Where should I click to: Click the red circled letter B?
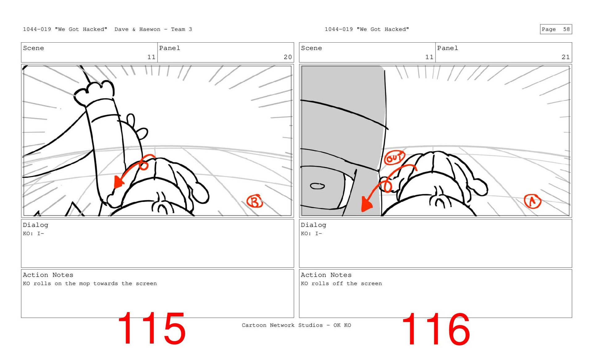point(254,201)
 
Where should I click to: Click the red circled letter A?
point(532,201)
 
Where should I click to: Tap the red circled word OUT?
point(394,158)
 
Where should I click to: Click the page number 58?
point(566,29)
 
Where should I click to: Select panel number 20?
point(288,57)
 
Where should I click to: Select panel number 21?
point(566,57)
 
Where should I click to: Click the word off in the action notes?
point(338,283)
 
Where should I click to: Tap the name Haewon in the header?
point(150,29)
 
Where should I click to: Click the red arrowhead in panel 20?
point(118,182)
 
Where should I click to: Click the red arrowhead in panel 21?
point(366,204)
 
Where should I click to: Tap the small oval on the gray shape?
point(317,186)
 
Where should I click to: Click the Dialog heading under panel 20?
point(36,225)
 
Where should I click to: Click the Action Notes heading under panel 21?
point(326,275)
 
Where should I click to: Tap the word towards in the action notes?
point(106,283)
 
